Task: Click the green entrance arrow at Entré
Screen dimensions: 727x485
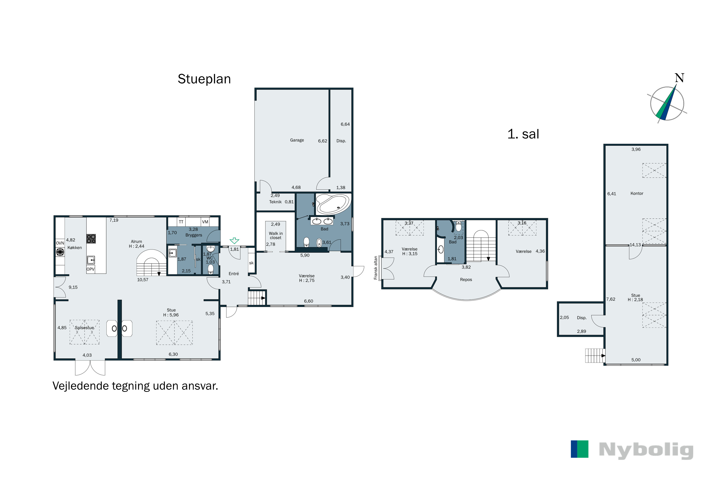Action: click(234, 240)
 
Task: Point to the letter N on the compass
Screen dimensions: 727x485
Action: click(680, 78)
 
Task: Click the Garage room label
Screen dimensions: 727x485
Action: click(297, 140)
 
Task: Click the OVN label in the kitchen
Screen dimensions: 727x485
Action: click(60, 243)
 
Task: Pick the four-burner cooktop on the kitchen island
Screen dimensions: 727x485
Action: click(91, 239)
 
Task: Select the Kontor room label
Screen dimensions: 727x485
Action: click(637, 193)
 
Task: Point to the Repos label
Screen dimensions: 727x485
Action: click(466, 280)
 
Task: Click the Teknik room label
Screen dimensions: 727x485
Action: click(275, 202)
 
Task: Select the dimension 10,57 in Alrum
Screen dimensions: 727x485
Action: click(142, 280)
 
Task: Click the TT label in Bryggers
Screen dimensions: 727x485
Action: click(181, 222)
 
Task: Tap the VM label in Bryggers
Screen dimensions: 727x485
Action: click(205, 222)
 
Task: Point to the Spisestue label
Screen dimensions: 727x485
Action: click(84, 328)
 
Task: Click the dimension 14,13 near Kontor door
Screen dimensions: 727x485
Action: click(635, 245)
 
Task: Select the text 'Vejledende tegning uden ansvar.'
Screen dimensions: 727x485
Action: click(135, 386)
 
